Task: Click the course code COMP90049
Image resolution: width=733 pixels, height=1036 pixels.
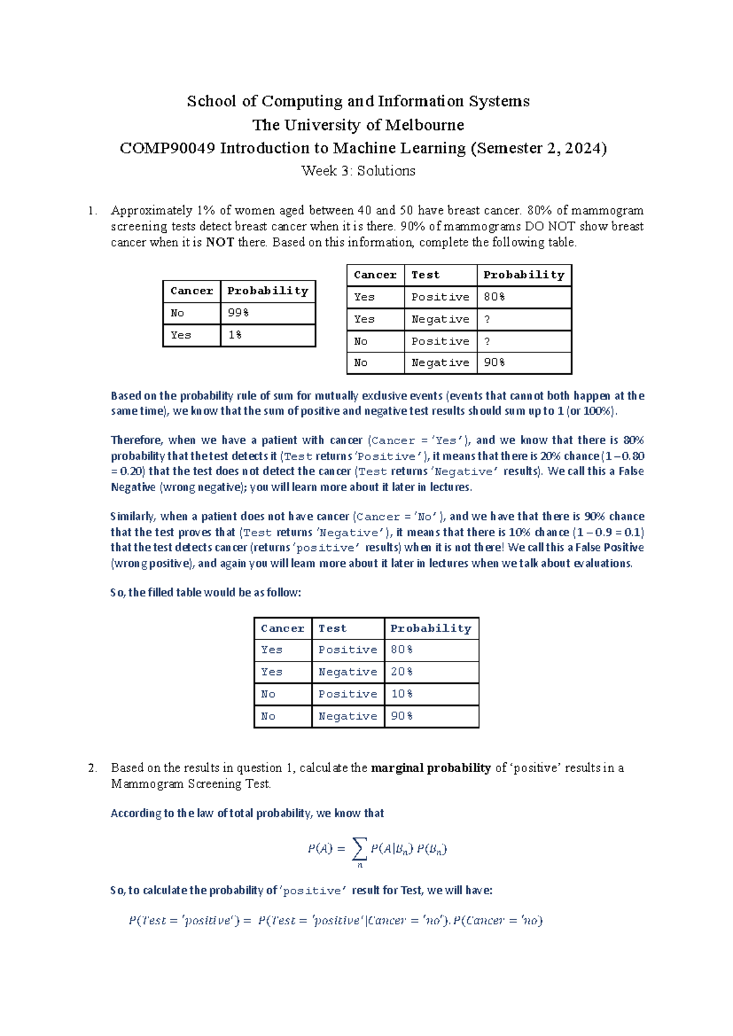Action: click(x=167, y=148)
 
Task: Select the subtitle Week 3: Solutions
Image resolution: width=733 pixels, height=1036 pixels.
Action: click(x=358, y=171)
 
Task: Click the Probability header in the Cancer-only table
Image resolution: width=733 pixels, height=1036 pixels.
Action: click(x=268, y=291)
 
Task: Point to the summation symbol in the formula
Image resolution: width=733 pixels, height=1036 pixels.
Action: click(x=360, y=847)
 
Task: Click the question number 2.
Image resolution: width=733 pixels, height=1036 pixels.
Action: click(x=92, y=768)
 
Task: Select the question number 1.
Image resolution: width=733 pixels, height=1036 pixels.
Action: click(x=92, y=211)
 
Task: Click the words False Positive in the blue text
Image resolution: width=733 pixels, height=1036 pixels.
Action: click(x=610, y=547)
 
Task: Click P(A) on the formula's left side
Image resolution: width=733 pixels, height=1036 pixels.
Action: click(x=319, y=848)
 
